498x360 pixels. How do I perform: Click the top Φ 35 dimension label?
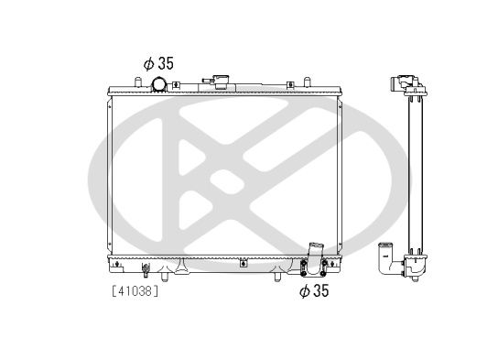[157, 64]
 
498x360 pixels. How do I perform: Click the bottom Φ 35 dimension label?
[314, 293]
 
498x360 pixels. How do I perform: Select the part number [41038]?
[135, 293]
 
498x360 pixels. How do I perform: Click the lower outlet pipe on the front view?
[315, 252]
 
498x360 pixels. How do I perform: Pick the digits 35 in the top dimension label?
[164, 64]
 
